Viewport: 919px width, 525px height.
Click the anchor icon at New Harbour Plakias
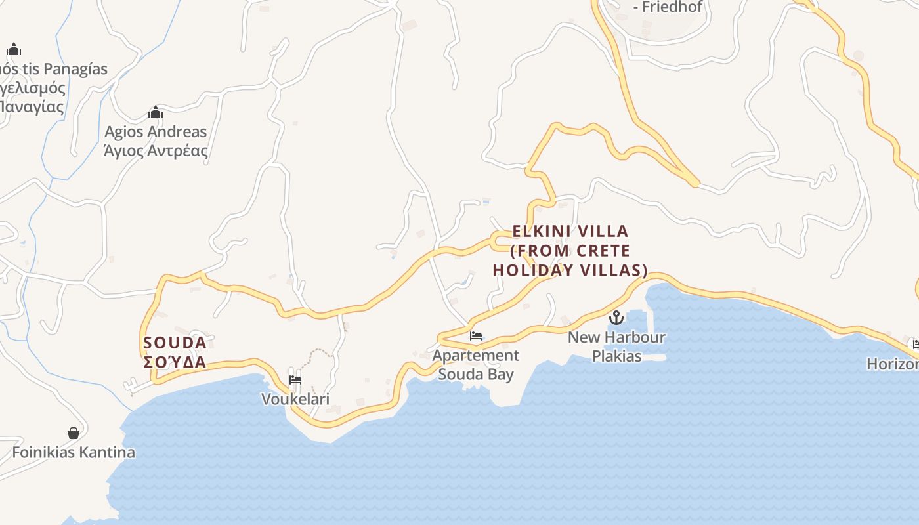coord(616,318)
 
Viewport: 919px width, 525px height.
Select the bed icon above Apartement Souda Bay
coord(476,336)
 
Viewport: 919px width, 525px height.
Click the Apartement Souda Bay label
coord(475,365)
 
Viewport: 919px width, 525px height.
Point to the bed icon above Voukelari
coord(295,379)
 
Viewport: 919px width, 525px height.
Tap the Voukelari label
coord(295,399)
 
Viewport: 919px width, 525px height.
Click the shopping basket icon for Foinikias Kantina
coord(74,433)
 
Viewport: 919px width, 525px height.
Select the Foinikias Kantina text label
coord(74,452)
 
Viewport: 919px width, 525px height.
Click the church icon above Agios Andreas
coord(155,113)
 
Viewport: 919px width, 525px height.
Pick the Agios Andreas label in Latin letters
coord(156,132)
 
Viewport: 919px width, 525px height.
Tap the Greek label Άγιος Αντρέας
coord(156,151)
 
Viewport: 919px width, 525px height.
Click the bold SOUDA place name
coord(175,343)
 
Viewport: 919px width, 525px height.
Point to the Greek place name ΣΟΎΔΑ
coord(175,362)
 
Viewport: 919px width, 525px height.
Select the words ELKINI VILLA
coord(570,231)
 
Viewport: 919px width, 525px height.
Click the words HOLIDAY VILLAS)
coord(570,270)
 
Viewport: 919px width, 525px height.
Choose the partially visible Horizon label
coord(893,364)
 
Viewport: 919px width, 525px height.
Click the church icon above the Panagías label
coord(14,50)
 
